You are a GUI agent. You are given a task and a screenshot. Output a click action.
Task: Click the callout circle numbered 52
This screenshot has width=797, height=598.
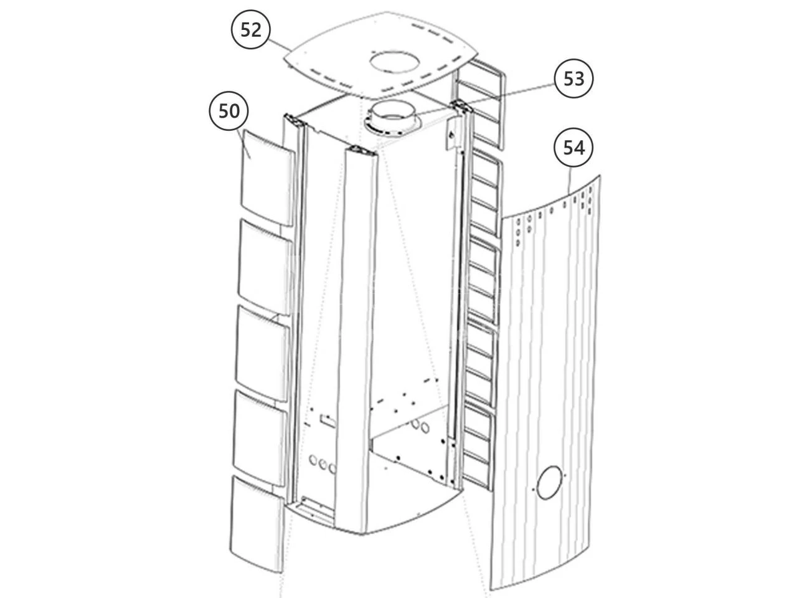(251, 29)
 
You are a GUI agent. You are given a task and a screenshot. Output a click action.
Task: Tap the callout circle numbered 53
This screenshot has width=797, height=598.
(573, 78)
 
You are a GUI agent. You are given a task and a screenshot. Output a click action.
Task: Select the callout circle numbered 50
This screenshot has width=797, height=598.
(229, 111)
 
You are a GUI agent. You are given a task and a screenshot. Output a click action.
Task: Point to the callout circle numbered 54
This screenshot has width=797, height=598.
(573, 148)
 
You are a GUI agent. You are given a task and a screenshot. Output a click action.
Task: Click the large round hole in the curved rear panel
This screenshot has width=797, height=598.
(549, 482)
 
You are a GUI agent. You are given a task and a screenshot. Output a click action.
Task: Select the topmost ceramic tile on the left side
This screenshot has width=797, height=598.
(267, 179)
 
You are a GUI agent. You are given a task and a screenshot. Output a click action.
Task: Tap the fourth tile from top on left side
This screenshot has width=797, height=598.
(259, 439)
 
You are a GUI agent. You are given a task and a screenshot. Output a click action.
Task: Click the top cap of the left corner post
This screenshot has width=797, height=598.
(295, 120)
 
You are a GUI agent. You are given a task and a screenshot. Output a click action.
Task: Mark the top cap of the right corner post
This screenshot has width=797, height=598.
(461, 105)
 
